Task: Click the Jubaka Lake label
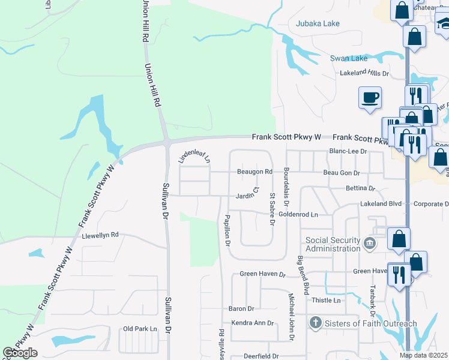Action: pos(318,24)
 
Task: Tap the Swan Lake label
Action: pos(348,59)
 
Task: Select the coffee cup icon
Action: pos(370,97)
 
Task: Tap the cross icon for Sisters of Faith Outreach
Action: pos(316,323)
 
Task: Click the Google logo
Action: pos(20,353)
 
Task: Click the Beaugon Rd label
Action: pos(255,172)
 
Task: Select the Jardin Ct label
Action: pos(247,194)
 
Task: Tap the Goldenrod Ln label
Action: pos(298,214)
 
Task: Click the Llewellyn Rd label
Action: pos(101,235)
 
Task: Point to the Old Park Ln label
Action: pos(139,329)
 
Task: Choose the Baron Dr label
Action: pos(241,309)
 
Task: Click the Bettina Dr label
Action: pos(360,188)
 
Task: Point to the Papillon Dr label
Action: pos(227,230)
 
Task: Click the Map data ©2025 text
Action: pos(423,355)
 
